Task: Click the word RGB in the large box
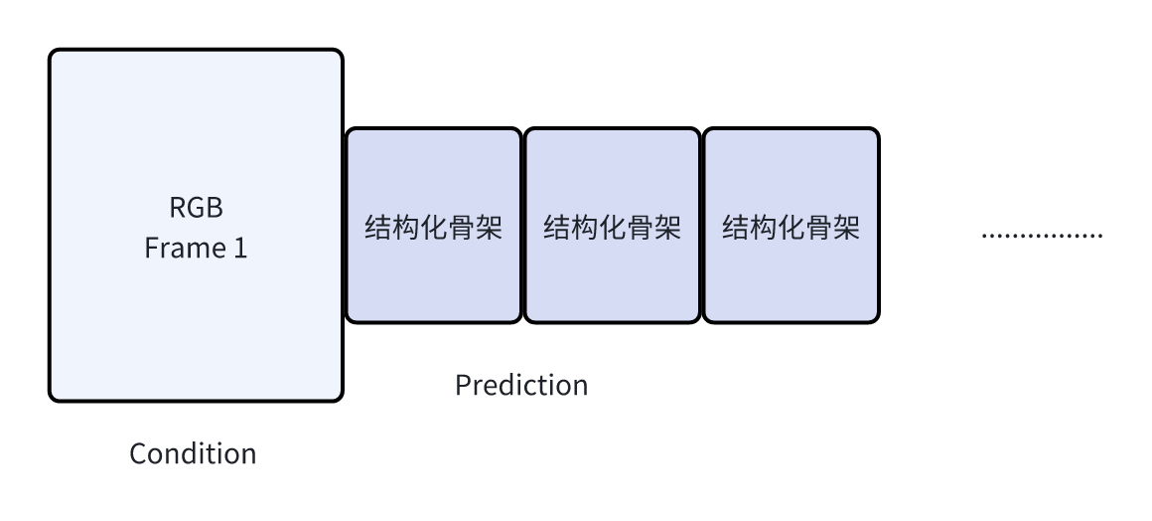tap(196, 209)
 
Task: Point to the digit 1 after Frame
tap(239, 249)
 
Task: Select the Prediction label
tap(521, 385)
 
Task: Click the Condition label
tap(193, 454)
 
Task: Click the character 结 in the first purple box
tap(378, 229)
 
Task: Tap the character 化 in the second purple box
tap(612, 229)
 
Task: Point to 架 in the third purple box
tap(846, 229)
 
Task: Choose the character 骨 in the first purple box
tap(461, 229)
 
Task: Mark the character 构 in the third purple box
tap(763, 229)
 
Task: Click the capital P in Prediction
tap(462, 385)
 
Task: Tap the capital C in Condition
tap(138, 454)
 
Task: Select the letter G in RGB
tap(196, 209)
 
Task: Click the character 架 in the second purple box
tap(667, 229)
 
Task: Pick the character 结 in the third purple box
tap(736, 229)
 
